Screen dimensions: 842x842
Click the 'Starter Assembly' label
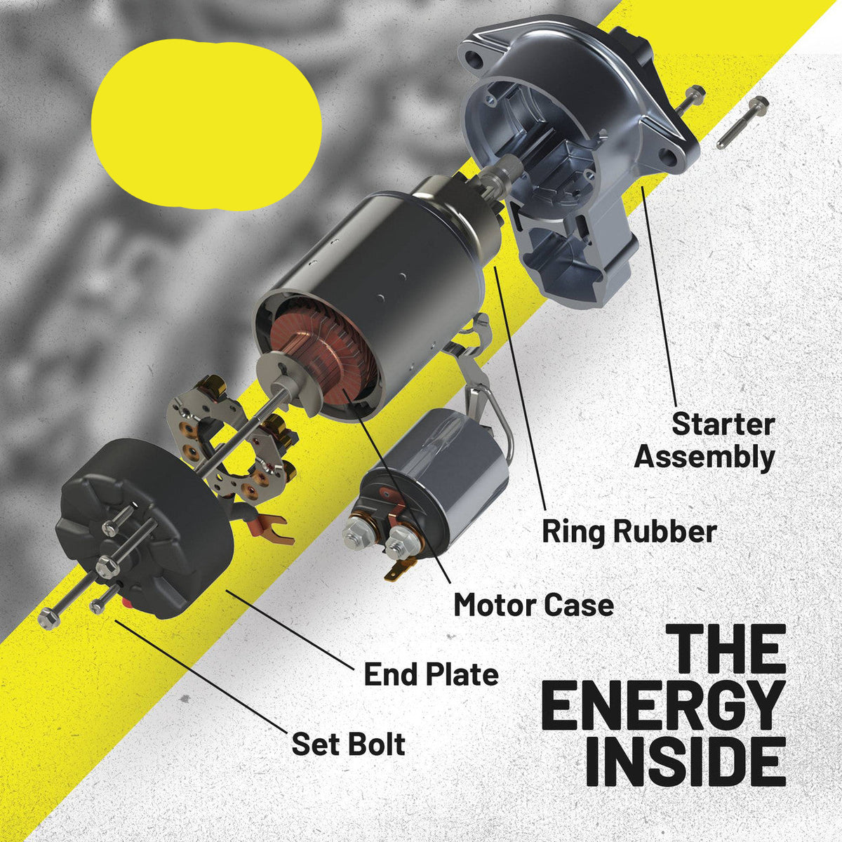(704, 441)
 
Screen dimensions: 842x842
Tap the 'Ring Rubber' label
(629, 532)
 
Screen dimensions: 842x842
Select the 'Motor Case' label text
(534, 605)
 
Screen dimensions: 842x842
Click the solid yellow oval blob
(206, 123)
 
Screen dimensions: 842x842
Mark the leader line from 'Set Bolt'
(199, 681)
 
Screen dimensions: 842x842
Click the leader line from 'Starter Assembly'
(659, 296)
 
